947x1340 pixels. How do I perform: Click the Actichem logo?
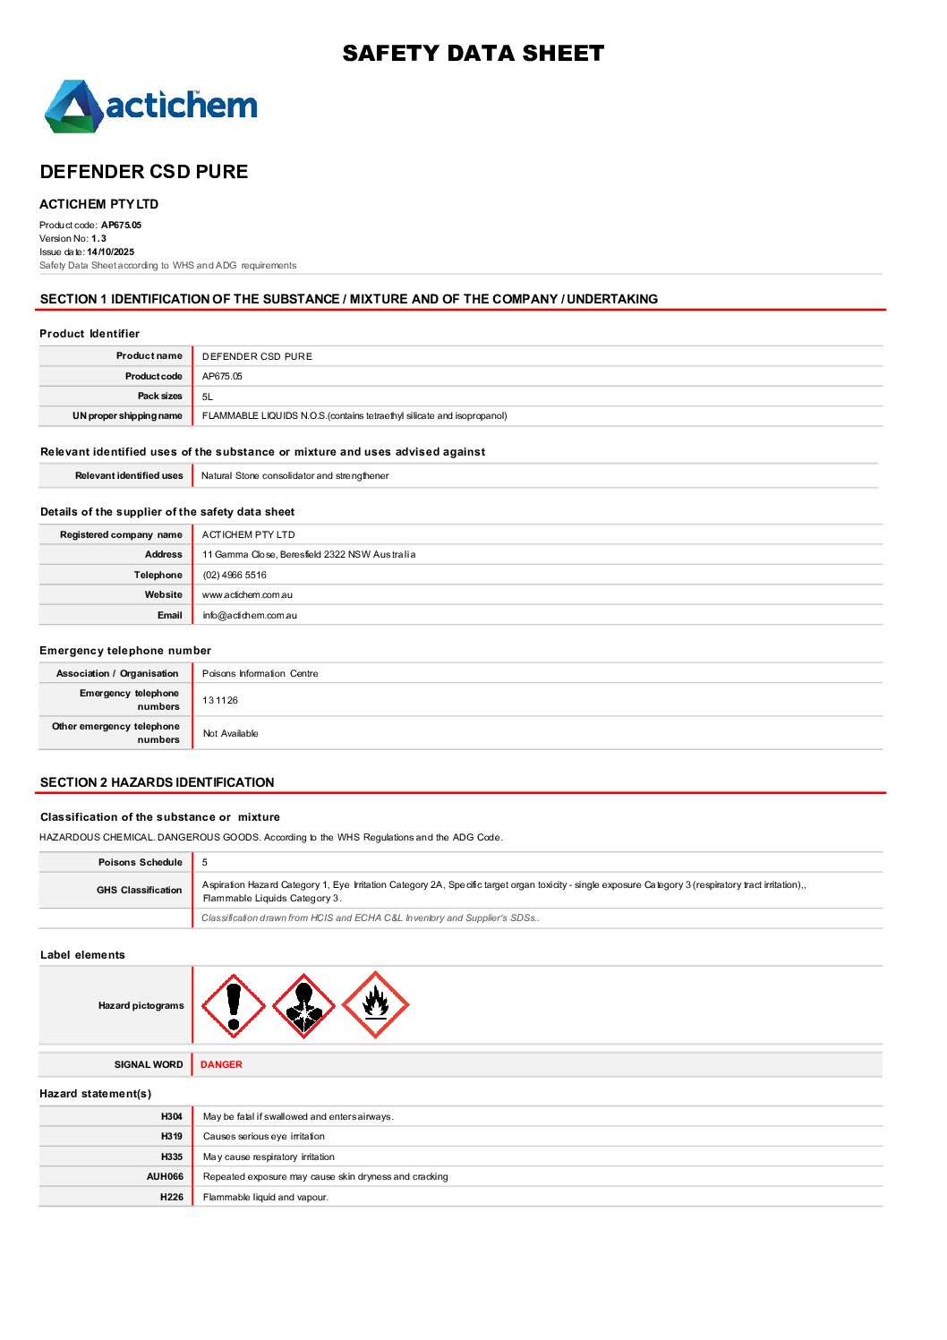point(150,107)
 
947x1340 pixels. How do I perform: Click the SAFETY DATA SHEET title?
point(473,54)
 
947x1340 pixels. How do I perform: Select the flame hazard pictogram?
point(376,1005)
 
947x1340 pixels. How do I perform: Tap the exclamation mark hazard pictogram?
point(234,1005)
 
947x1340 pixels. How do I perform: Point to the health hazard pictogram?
point(303,1005)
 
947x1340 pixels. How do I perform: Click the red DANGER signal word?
point(221,1064)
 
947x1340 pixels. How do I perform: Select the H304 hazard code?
point(171,1116)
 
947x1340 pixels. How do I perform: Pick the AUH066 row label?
point(165,1176)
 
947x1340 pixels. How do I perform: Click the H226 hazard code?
point(171,1197)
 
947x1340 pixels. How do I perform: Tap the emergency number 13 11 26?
point(220,700)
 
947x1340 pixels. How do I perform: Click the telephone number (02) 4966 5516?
point(235,575)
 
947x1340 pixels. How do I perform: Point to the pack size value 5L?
point(208,396)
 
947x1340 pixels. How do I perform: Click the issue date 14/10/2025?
point(110,252)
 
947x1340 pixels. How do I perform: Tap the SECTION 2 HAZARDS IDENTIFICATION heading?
point(158,782)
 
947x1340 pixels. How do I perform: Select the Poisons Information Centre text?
point(260,673)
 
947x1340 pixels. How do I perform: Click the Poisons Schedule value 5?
point(205,862)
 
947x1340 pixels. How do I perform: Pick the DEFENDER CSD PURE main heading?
point(144,172)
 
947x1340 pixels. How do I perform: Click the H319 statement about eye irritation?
point(264,1136)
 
